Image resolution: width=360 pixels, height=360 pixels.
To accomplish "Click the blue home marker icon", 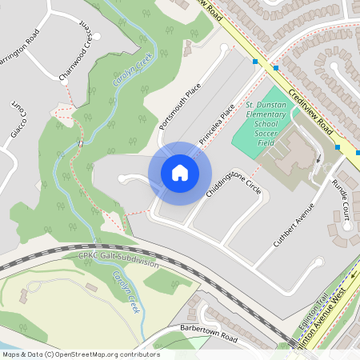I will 180,173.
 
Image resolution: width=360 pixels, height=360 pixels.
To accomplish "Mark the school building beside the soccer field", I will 298,152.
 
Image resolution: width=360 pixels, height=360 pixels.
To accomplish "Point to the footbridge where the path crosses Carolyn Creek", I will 82,142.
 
